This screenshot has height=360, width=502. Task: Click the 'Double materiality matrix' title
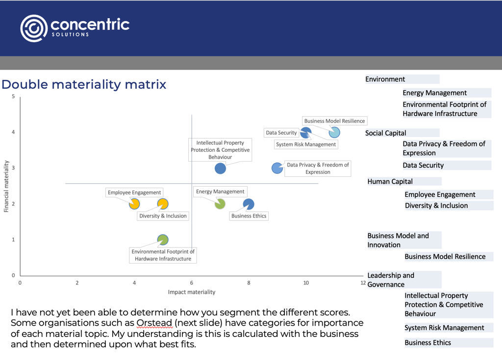[x=84, y=85]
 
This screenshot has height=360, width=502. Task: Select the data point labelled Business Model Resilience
[x=334, y=132]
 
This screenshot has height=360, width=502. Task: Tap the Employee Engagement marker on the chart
[x=134, y=204]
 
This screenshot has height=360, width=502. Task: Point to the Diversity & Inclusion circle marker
[x=163, y=204]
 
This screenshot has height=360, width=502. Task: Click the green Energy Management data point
[x=220, y=204]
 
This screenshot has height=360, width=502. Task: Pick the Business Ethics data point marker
[x=249, y=204]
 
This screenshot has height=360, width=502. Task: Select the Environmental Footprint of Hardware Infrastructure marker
[x=163, y=240]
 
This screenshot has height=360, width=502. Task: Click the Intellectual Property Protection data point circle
[x=220, y=168]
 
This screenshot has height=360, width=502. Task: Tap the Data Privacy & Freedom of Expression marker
[x=277, y=168]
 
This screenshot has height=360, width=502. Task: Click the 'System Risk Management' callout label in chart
[x=306, y=144]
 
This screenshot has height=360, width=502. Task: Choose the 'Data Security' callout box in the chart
[x=281, y=133]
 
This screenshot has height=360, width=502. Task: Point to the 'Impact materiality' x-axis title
[x=191, y=292]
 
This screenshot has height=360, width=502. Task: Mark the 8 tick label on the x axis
[x=249, y=283]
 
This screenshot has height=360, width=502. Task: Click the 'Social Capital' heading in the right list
[x=386, y=133]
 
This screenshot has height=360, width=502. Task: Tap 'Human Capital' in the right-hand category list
[x=390, y=182]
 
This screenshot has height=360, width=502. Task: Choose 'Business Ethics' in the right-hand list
[x=427, y=343]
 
